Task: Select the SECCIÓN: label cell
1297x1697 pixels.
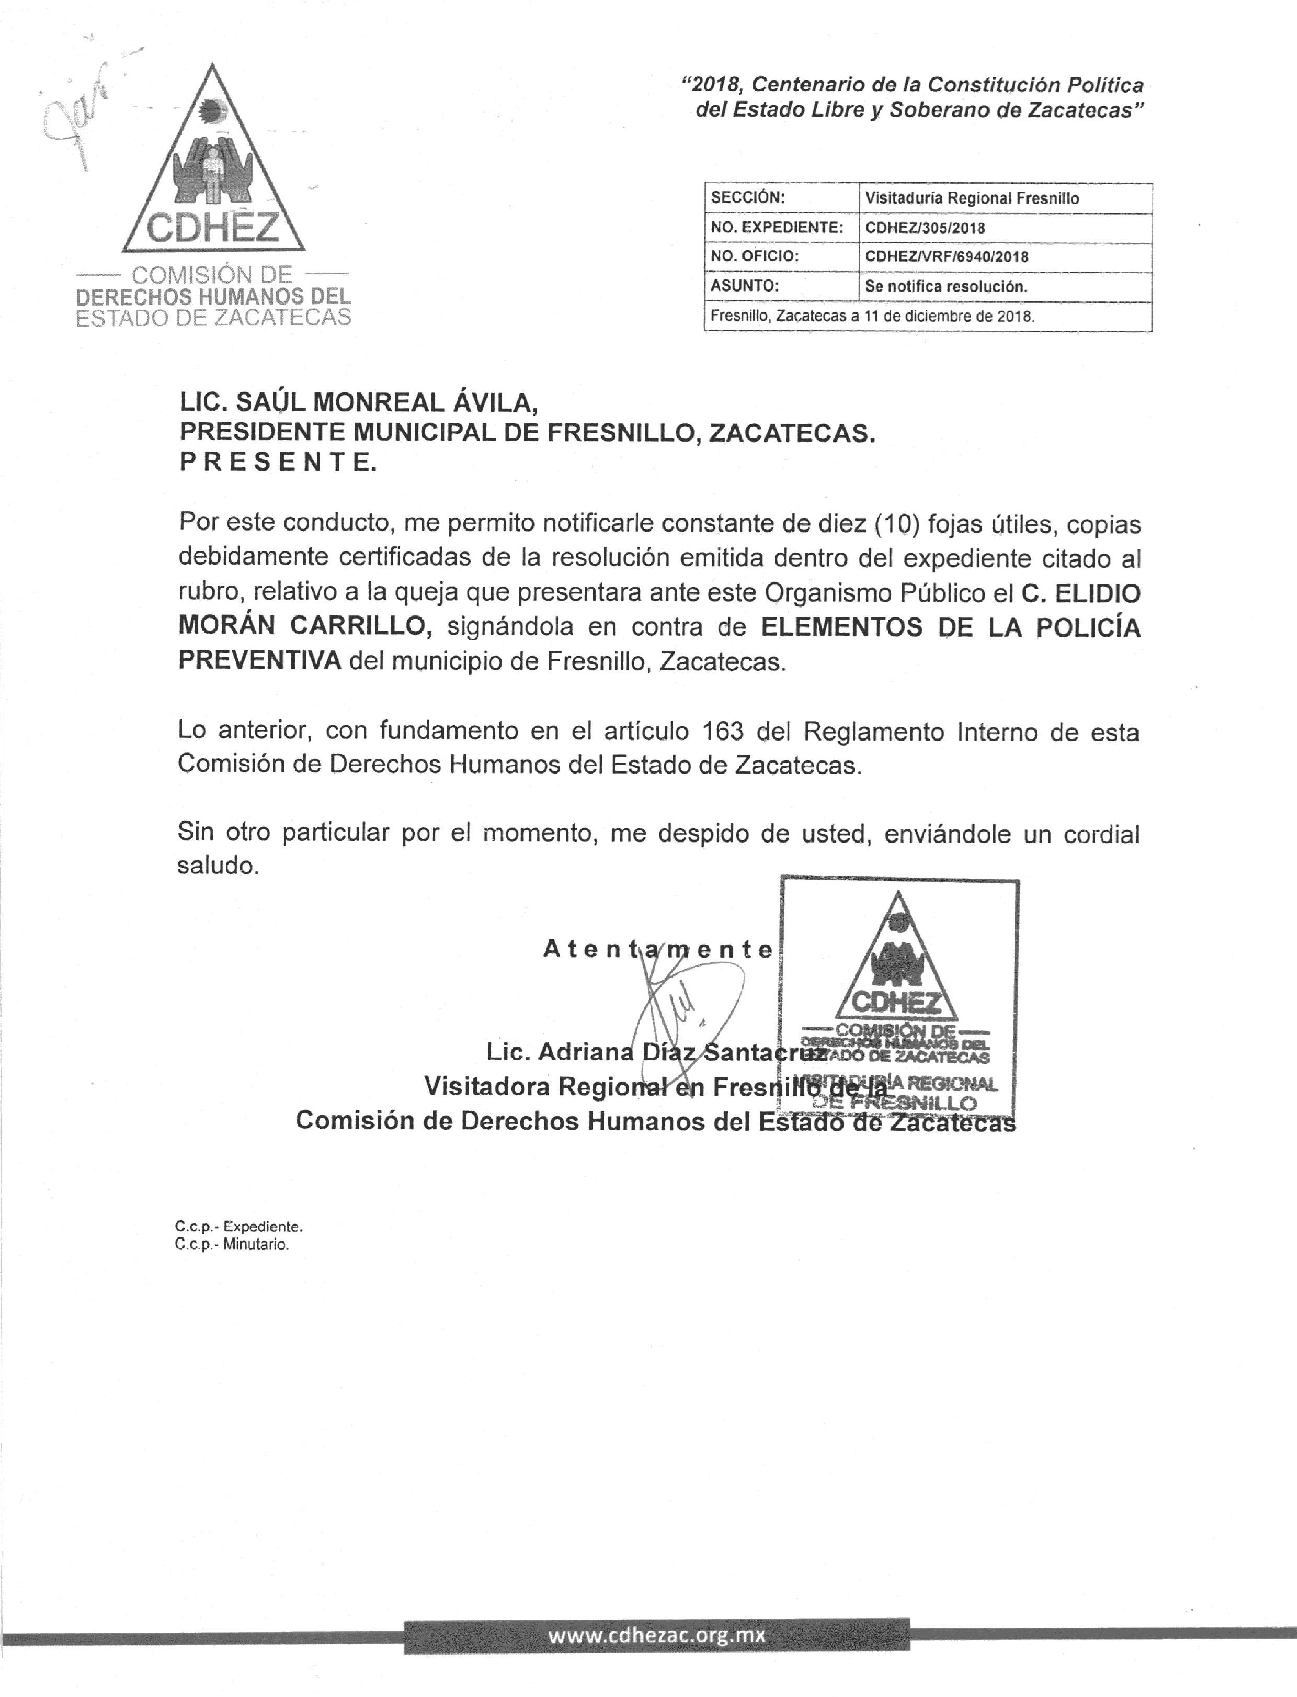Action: (747, 198)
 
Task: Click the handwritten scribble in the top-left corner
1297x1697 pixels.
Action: (77, 116)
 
